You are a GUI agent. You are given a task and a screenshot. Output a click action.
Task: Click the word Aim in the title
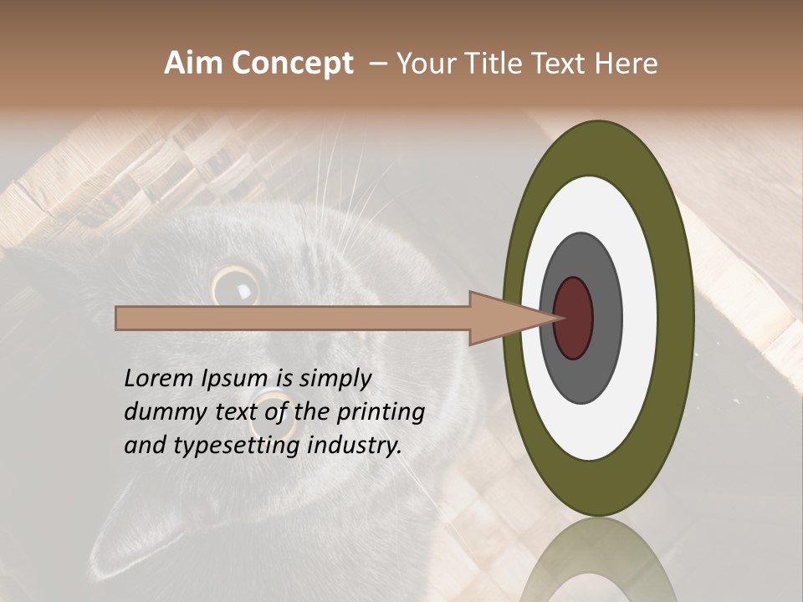click(194, 64)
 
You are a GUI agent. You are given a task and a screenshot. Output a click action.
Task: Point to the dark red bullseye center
click(573, 318)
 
